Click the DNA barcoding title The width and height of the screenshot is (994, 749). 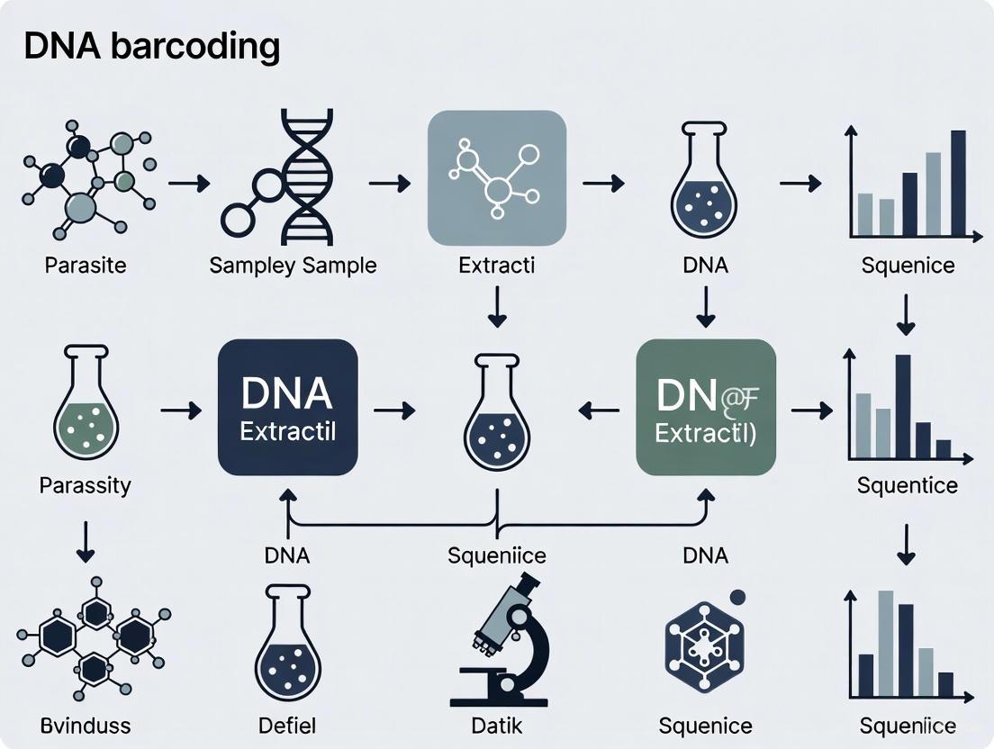[x=151, y=47]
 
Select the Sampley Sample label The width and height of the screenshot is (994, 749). [x=293, y=265]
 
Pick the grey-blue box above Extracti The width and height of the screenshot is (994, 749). [x=496, y=177]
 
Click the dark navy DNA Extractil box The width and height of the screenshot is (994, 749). [x=288, y=407]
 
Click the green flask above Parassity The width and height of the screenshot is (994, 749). [x=86, y=410]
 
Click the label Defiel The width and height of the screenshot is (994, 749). [x=287, y=725]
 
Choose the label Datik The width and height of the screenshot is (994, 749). [x=497, y=725]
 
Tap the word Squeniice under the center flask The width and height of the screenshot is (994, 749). [x=497, y=555]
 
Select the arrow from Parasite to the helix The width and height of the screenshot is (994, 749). [x=189, y=184]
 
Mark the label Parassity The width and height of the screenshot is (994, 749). [x=86, y=485]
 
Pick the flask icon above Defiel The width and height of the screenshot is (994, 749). [x=287, y=640]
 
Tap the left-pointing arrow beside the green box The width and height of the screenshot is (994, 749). [x=598, y=411]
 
